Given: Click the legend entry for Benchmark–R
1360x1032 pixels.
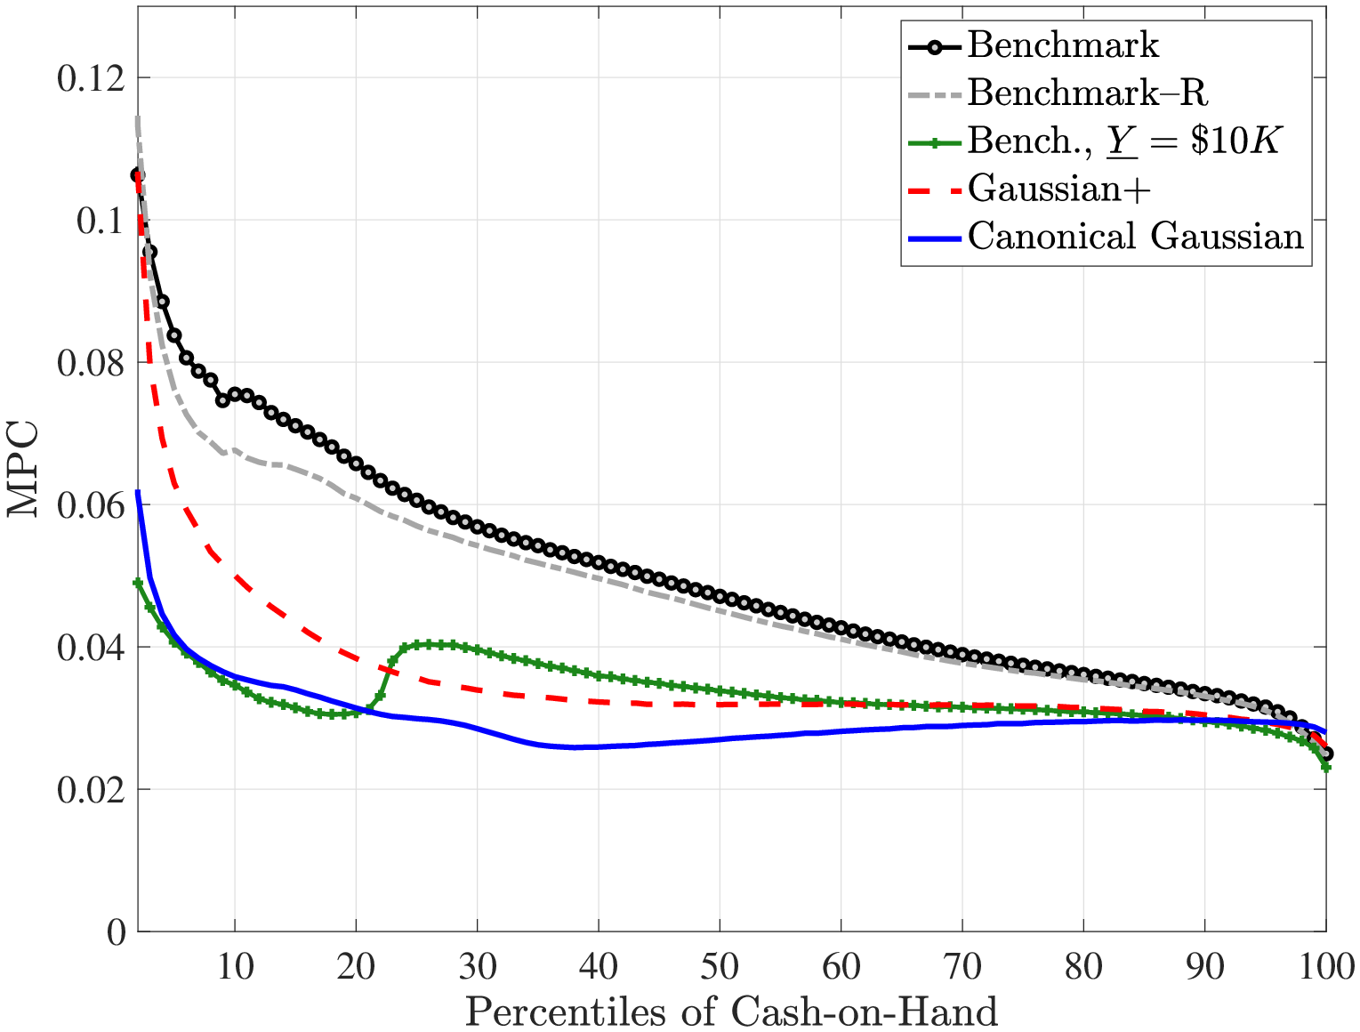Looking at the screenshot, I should click(x=1087, y=93).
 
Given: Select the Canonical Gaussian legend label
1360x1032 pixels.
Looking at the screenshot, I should click(x=1135, y=237).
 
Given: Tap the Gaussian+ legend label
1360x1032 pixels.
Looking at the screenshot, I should click(x=1059, y=189).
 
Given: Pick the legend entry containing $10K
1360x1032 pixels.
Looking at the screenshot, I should click(x=1123, y=141).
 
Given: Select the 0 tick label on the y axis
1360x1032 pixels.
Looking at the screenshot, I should click(x=116, y=932).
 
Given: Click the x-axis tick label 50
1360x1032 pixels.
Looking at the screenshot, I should click(x=720, y=966).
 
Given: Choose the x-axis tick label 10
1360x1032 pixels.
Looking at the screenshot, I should click(x=235, y=966).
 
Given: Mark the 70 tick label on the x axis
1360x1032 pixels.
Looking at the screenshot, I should click(x=962, y=966).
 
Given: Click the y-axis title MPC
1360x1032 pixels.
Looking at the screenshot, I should click(x=24, y=468).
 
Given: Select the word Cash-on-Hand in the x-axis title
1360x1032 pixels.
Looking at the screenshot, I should click(x=864, y=1012).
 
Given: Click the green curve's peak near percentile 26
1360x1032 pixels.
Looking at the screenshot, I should click(x=429, y=644).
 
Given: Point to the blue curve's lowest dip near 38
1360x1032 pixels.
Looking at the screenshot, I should click(x=575, y=747).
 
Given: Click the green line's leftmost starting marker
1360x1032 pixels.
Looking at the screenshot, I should click(x=138, y=583).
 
